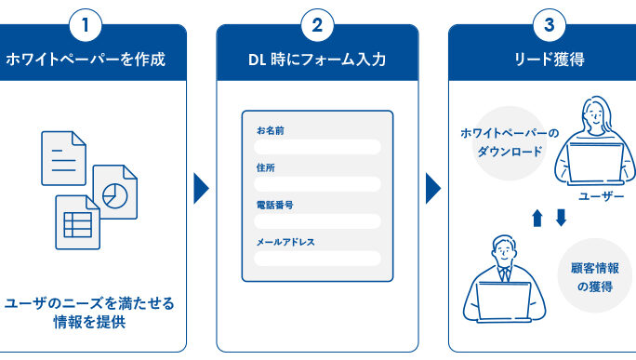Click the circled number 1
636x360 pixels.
pos(86,25)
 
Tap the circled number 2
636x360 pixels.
pos(317,25)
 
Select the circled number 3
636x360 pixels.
pos(550,25)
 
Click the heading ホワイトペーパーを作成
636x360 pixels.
pos(86,60)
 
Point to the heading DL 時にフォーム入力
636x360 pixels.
pos(317,60)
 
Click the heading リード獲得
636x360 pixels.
pos(550,60)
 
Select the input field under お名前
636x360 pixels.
pos(317,147)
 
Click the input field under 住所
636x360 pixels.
pos(317,184)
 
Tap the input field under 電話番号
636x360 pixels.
pos(317,221)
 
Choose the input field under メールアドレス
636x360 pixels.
pos(317,259)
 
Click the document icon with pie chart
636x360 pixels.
pos(115,192)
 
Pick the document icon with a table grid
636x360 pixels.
pos(77,222)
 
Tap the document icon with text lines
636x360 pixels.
pos(63,158)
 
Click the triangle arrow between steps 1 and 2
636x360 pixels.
pos(201,188)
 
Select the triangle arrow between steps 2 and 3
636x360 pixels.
pos(432,188)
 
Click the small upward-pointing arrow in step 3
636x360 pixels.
pos(537,218)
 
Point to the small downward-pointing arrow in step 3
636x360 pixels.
pos(561,218)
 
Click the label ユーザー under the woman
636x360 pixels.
pos(601,196)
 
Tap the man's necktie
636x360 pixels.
pos(505,274)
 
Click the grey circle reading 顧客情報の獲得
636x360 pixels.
pos(595,275)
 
